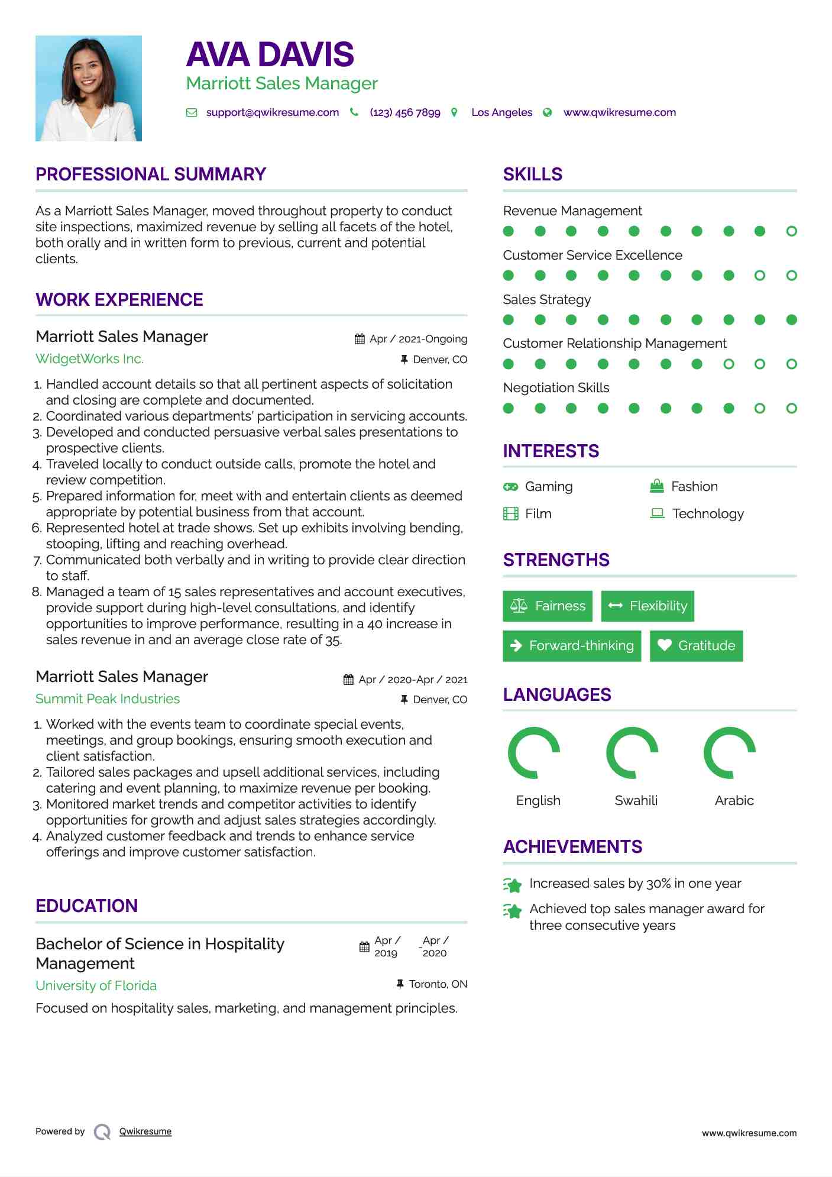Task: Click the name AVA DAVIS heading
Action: [270, 54]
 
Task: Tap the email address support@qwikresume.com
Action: [272, 112]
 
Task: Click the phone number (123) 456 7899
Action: [404, 112]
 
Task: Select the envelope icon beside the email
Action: [192, 112]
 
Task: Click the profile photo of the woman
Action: [89, 89]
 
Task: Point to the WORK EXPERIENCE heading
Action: [119, 300]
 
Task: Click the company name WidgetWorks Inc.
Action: [89, 359]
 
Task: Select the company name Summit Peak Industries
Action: [108, 699]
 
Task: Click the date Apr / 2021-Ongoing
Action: [417, 339]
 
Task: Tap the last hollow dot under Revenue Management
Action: [791, 231]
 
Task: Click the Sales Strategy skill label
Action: [546, 300]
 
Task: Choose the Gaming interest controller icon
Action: [510, 487]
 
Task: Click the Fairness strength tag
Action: [548, 606]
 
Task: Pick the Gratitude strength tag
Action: [696, 646]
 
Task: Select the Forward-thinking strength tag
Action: [572, 646]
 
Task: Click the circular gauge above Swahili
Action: [632, 753]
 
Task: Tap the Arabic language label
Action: [734, 801]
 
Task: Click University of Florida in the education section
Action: [96, 986]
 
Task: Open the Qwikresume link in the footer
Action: [145, 1131]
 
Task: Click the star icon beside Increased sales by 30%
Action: [513, 885]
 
